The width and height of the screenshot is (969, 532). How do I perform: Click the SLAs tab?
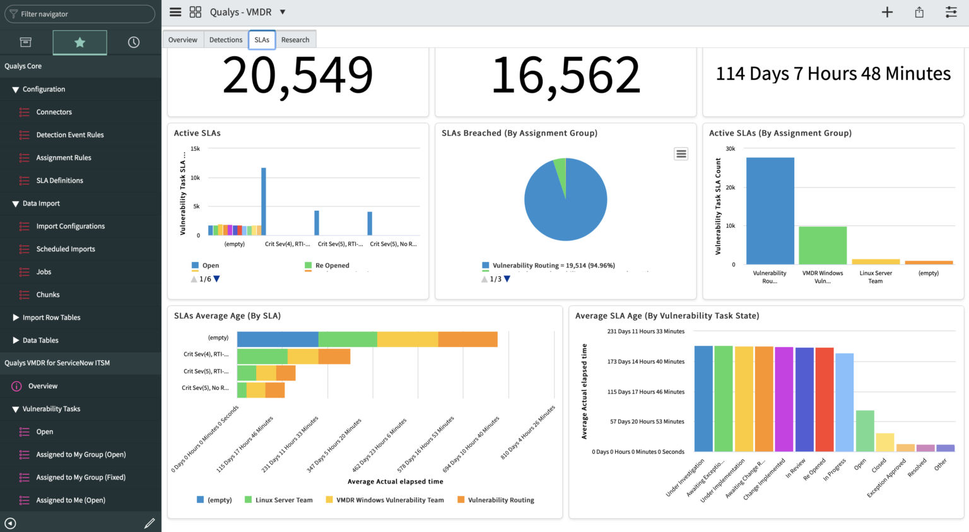coord(262,40)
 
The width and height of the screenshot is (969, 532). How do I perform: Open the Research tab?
coord(295,40)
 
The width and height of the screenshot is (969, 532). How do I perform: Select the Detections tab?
coord(226,40)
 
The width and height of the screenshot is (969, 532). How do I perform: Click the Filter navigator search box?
coord(79,14)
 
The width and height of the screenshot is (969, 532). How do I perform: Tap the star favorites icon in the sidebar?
coord(79,42)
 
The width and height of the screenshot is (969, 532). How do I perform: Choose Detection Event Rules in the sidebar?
coord(69,135)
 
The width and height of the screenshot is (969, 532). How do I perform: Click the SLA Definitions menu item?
coord(59,180)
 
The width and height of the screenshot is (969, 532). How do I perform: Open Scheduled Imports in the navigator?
coord(66,249)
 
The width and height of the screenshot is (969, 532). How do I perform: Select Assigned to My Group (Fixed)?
coord(81,478)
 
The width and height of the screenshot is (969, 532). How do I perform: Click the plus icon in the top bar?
coord(887,12)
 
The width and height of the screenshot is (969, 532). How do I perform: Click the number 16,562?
coord(566,75)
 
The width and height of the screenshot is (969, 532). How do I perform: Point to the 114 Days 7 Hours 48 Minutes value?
coord(833,74)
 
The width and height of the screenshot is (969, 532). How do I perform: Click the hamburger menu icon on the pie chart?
coord(681,154)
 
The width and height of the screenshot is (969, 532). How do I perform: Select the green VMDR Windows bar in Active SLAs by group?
coord(823,245)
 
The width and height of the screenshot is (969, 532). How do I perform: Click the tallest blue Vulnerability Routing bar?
coord(770,211)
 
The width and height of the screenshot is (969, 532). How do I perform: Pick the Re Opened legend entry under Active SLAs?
coord(332,266)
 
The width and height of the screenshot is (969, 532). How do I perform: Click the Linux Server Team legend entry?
coord(283,500)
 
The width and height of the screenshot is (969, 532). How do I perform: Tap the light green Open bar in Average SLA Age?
coord(864,431)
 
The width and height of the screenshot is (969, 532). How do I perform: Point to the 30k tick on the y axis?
coord(730,149)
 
